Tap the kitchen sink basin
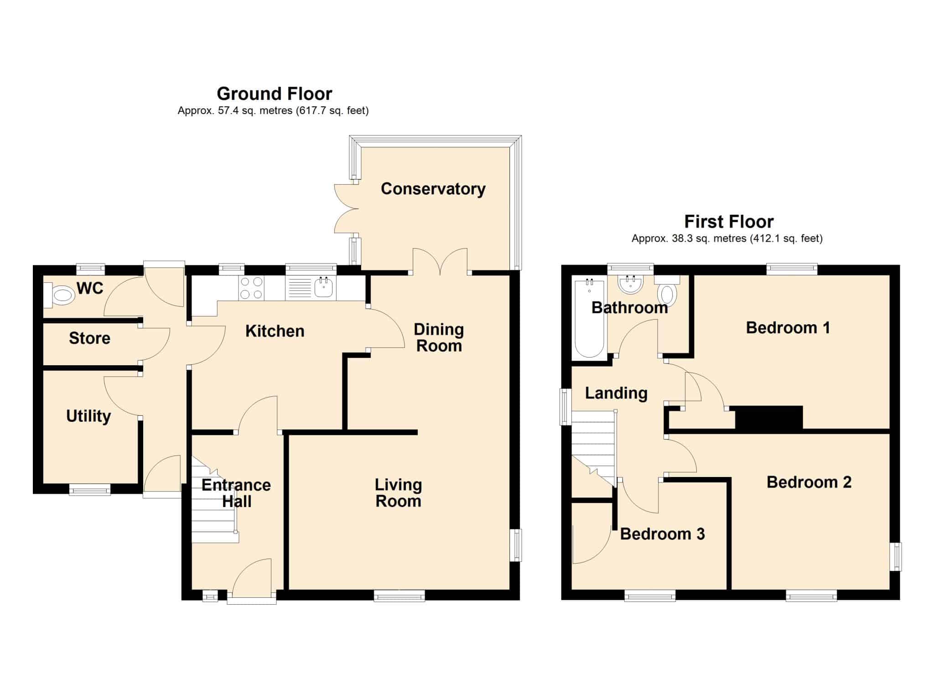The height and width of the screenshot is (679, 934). (x=324, y=288)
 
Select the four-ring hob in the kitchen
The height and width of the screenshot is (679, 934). (x=251, y=288)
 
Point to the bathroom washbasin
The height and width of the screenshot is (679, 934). (x=630, y=284)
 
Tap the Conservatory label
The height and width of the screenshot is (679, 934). (x=433, y=189)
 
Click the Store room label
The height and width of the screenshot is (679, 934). (x=89, y=338)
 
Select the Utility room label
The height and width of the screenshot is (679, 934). (x=88, y=416)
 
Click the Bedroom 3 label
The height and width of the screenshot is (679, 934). (x=662, y=534)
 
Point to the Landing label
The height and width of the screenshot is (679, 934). (x=616, y=393)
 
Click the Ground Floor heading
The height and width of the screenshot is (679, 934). (x=274, y=93)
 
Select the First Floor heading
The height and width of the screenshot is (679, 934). (x=729, y=222)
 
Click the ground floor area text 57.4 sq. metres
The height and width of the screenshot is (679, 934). (x=255, y=110)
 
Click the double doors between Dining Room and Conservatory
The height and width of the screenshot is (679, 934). (x=440, y=262)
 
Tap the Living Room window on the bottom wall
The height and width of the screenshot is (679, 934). (x=399, y=596)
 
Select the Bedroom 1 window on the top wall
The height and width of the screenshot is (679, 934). (x=791, y=270)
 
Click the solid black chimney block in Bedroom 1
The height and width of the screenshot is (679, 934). (x=769, y=417)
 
